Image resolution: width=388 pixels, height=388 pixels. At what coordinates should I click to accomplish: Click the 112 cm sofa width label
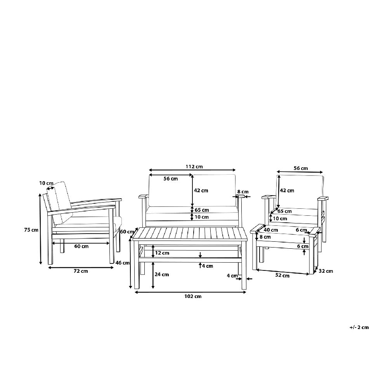(194, 166)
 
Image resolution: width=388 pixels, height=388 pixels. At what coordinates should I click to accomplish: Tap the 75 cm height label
(31, 230)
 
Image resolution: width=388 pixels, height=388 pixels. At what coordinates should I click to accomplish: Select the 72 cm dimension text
(81, 271)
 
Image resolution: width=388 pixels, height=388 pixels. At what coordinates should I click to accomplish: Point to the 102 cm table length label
(193, 296)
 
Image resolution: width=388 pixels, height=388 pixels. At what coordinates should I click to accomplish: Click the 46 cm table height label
(123, 263)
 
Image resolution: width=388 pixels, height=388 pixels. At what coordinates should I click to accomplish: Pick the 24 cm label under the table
(161, 274)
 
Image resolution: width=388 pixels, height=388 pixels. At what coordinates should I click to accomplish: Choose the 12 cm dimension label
(162, 253)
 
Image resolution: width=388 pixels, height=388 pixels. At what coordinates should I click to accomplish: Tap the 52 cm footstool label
(282, 275)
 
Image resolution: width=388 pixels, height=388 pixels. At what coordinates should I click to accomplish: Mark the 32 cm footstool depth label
(326, 271)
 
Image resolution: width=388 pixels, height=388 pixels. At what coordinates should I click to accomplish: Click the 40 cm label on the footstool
(271, 230)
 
